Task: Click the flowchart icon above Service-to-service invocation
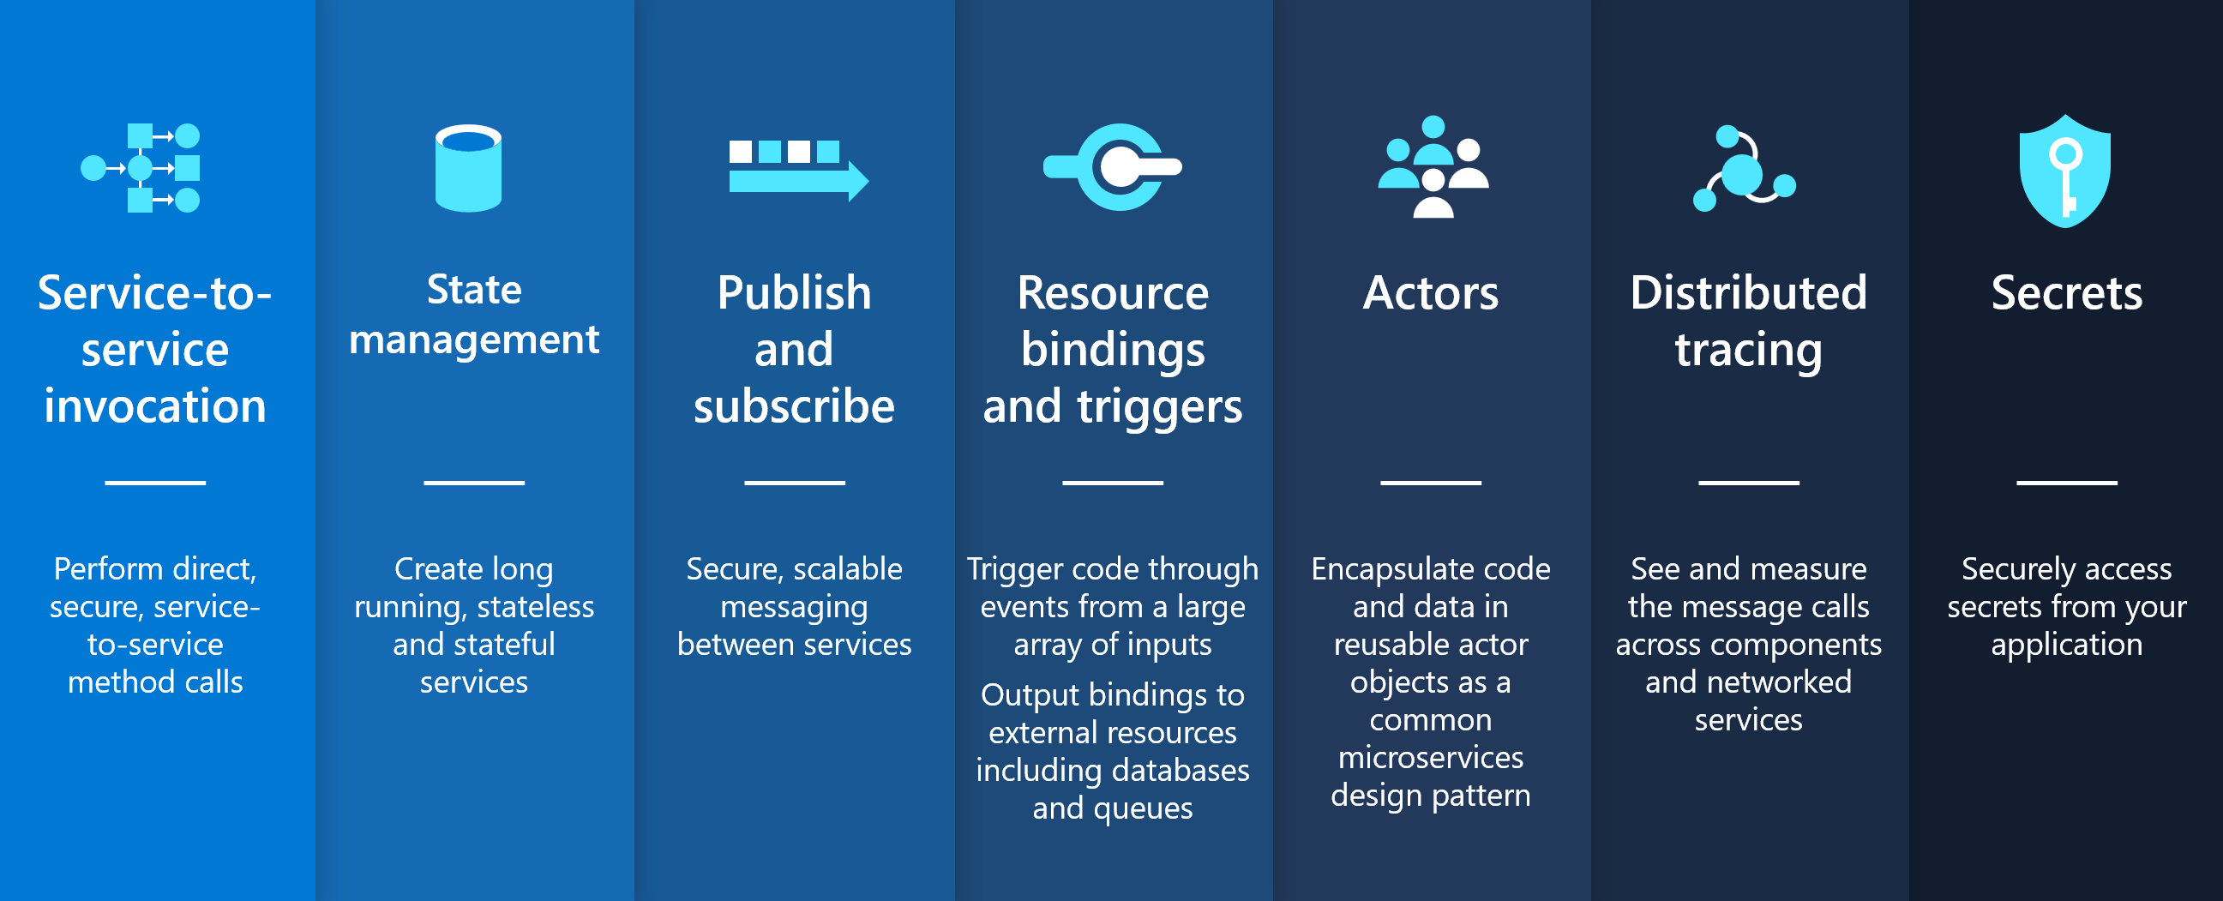click(x=140, y=167)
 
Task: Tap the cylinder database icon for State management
click(x=469, y=168)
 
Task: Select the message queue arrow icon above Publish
click(x=798, y=170)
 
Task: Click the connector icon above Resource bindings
click(x=1113, y=166)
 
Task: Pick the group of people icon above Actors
click(x=1433, y=166)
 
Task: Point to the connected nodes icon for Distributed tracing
click(x=1744, y=168)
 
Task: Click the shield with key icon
click(x=2065, y=171)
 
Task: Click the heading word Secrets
click(x=2067, y=292)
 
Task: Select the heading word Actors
click(x=1431, y=292)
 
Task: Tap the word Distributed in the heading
click(x=1748, y=292)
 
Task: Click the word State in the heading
click(x=474, y=289)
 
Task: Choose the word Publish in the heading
click(x=794, y=292)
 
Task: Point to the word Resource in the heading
click(x=1113, y=292)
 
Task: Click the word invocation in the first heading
click(x=155, y=405)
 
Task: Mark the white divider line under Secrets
click(x=2067, y=483)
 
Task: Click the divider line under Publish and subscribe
click(x=795, y=483)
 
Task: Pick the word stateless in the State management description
click(x=535, y=607)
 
